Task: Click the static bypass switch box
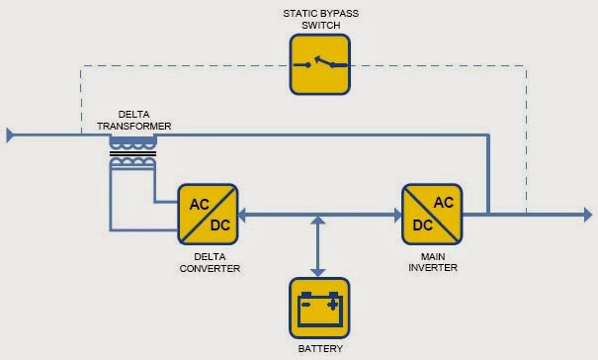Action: pyautogui.click(x=318, y=64)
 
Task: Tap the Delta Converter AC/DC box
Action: pyautogui.click(x=207, y=213)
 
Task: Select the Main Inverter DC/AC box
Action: pyautogui.click(x=430, y=213)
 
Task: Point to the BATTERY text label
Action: pyautogui.click(x=318, y=348)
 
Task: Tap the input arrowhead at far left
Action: pyautogui.click(x=11, y=134)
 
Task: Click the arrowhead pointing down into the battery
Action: pyautogui.click(x=318, y=270)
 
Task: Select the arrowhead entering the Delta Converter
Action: pyautogui.click(x=244, y=213)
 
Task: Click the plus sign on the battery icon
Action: pyautogui.click(x=333, y=304)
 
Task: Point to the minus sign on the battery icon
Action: pyautogui.click(x=304, y=304)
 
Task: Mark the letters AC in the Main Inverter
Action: pyautogui.click(x=443, y=202)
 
